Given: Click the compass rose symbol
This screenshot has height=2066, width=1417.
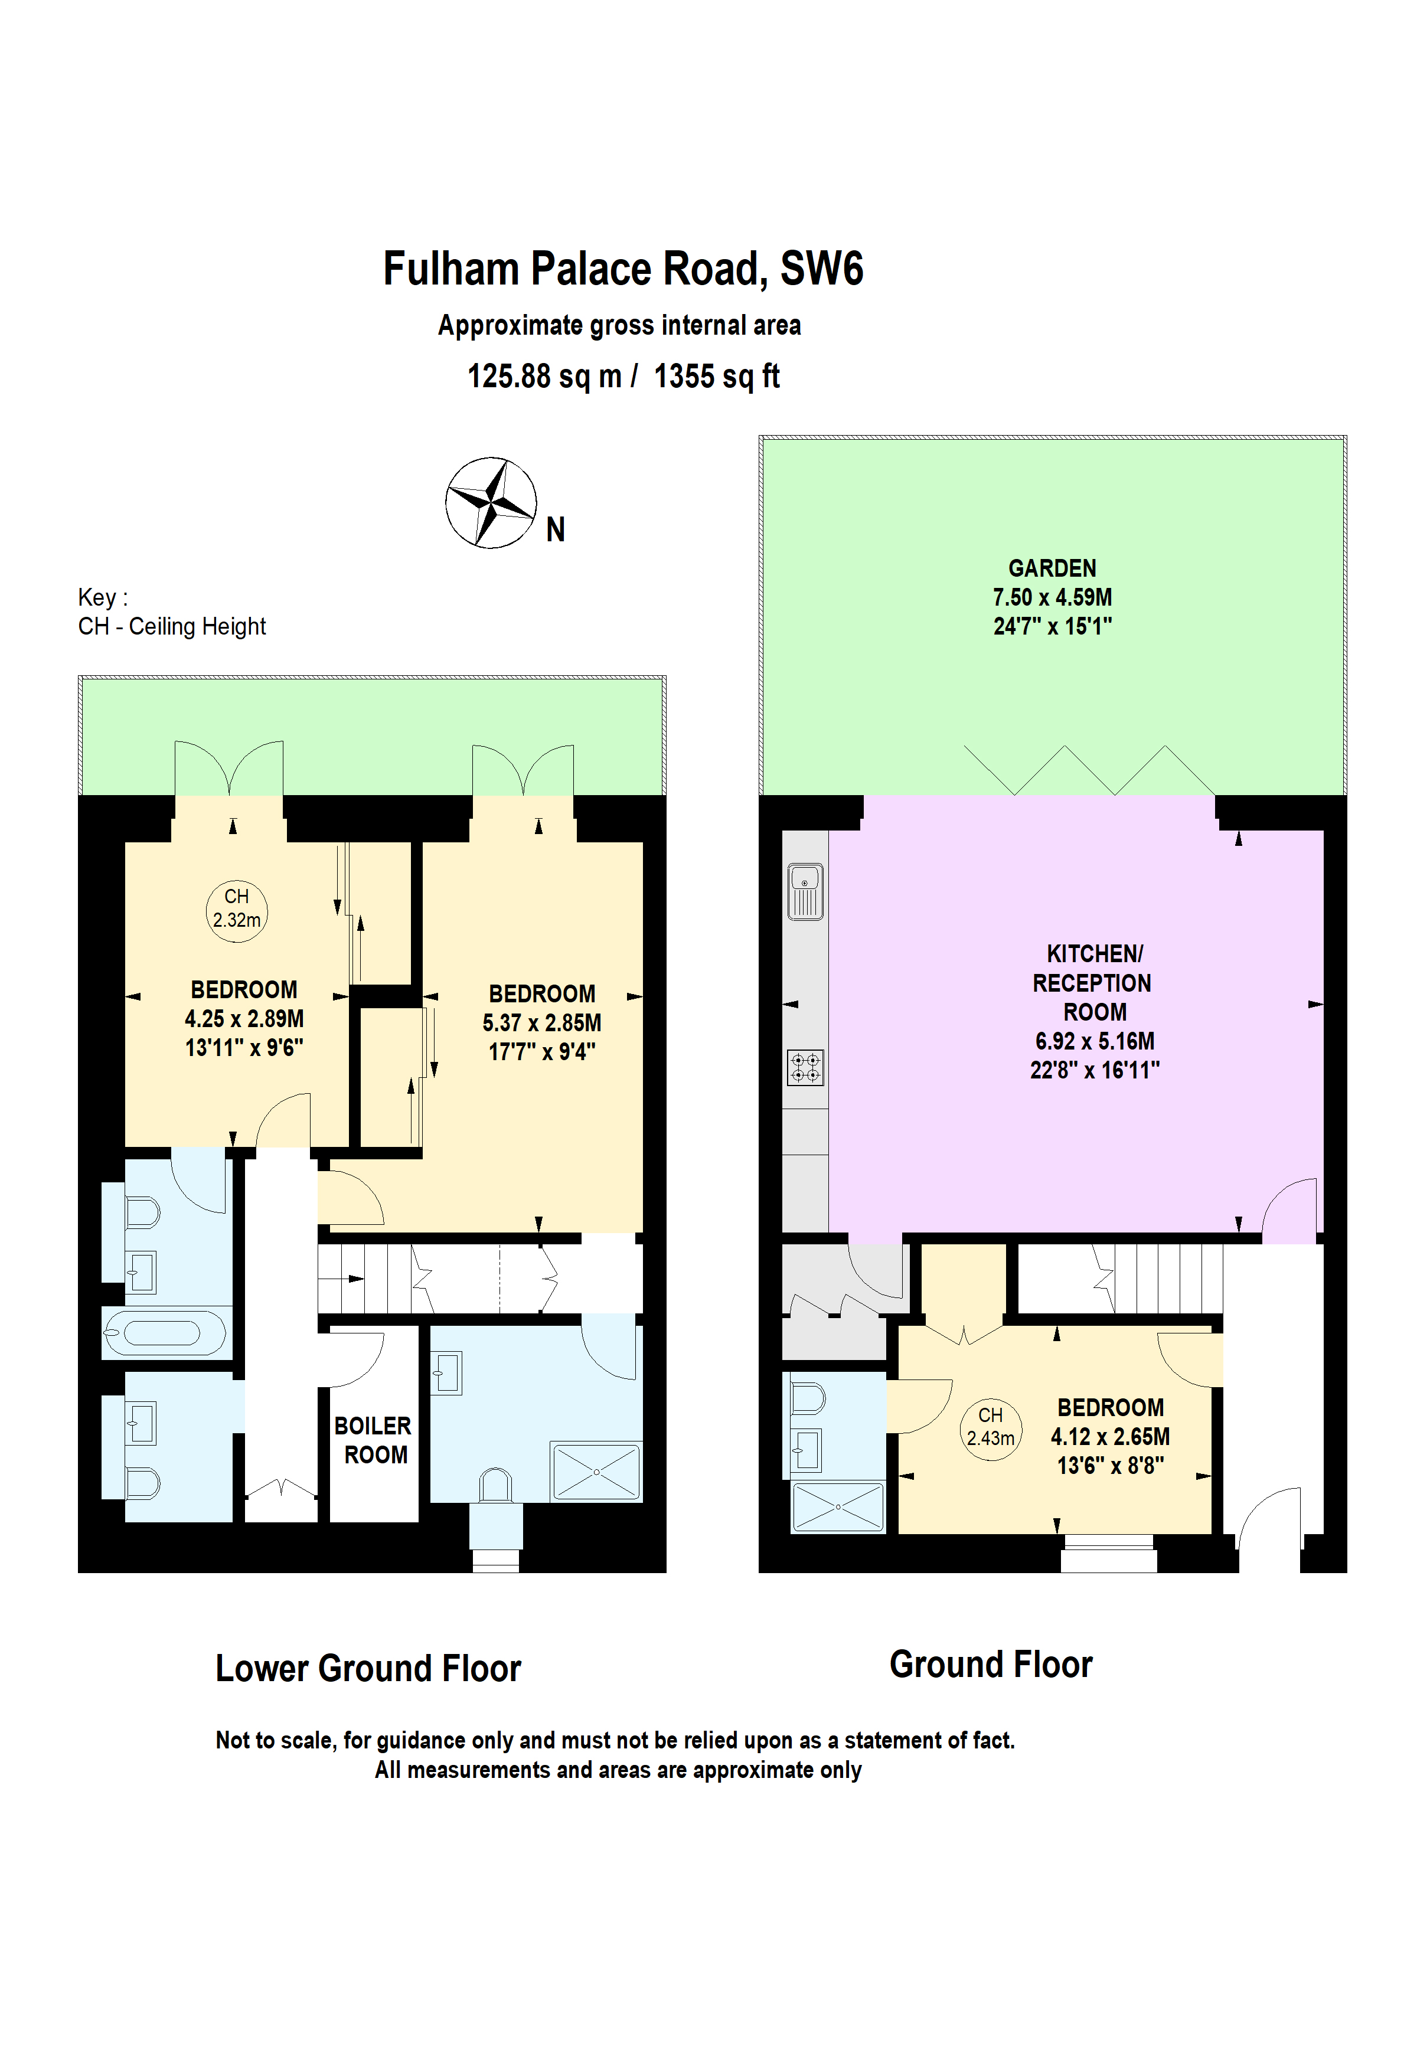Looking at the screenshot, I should [490, 502].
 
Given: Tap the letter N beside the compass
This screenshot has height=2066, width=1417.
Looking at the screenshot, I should [555, 530].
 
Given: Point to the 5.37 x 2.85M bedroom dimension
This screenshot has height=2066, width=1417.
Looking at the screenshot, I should [541, 1022].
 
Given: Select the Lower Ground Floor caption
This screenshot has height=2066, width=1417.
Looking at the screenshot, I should [368, 1669].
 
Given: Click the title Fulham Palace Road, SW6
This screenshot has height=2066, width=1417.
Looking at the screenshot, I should [622, 269].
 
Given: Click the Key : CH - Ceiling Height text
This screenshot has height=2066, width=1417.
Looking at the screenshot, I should [172, 612].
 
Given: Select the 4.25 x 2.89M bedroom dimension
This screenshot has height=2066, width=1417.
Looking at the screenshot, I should [244, 1019].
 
